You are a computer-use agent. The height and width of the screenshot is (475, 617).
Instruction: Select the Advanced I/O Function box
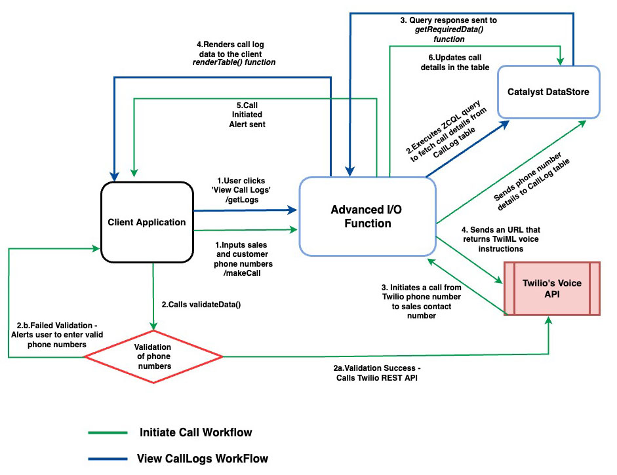point(367,216)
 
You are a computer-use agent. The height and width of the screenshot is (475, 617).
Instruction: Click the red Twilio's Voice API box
point(551,288)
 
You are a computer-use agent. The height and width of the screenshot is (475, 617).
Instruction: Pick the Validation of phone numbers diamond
point(153,356)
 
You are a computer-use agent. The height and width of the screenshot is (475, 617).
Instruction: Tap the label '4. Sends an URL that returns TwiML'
point(500,240)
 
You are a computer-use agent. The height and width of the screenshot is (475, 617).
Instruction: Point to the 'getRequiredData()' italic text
point(447,29)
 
